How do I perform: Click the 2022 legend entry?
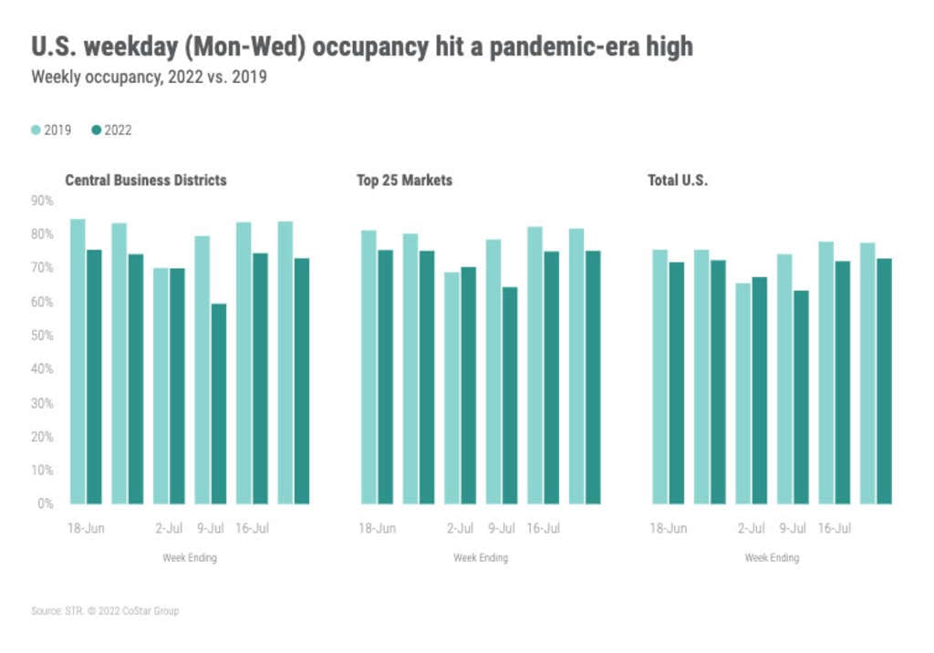111,130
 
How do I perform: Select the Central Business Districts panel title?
145,181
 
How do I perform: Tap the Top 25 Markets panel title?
404,181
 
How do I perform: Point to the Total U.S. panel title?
678,181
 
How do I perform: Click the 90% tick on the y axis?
42,201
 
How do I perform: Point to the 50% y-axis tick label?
42,336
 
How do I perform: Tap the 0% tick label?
46,503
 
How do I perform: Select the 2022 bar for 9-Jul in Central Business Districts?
218,403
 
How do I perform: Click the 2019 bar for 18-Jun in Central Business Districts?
78,361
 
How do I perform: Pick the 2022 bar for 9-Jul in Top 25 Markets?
509,395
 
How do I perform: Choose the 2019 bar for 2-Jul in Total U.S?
744,393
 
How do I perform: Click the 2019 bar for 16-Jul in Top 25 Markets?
534,365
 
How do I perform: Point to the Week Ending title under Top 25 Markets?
481,558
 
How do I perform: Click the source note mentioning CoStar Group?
105,611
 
